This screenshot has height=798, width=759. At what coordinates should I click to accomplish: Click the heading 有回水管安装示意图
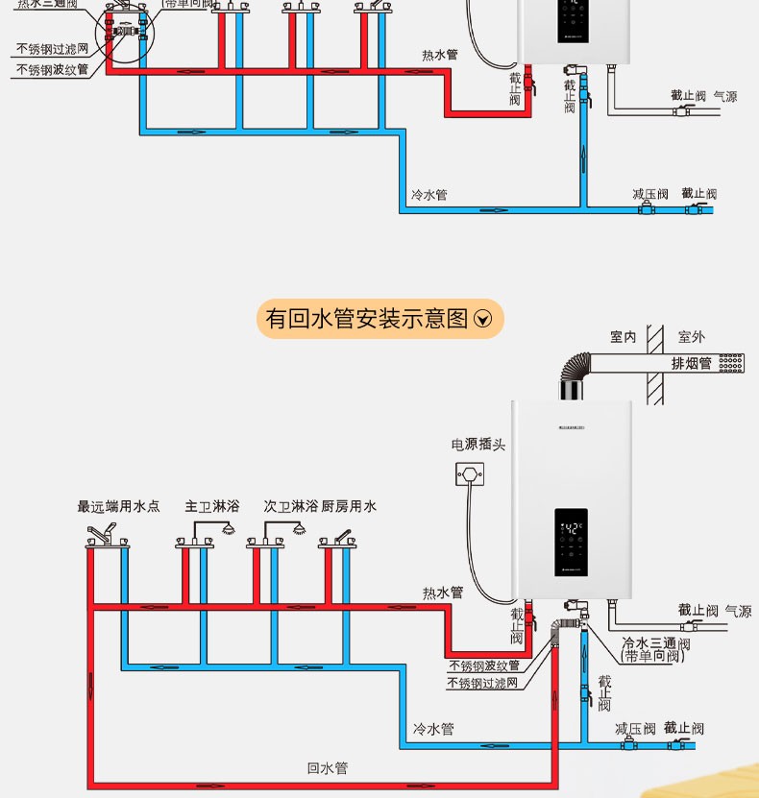pyautogui.click(x=366, y=318)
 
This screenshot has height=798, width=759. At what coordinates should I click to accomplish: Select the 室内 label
pyautogui.click(x=624, y=337)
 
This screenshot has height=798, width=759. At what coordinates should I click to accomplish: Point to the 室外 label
pyautogui.click(x=691, y=337)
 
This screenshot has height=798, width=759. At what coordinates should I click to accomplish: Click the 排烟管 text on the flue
pyautogui.click(x=692, y=364)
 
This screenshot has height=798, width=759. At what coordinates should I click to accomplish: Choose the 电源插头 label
pyautogui.click(x=478, y=445)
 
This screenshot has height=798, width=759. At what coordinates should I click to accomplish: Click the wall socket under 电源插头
pyautogui.click(x=470, y=472)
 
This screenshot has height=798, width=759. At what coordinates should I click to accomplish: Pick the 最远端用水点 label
pyautogui.click(x=119, y=506)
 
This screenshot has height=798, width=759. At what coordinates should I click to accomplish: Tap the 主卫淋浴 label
pyautogui.click(x=212, y=506)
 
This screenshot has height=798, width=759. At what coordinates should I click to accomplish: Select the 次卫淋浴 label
pyautogui.click(x=291, y=506)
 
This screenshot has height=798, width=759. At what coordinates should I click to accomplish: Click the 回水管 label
pyautogui.click(x=328, y=768)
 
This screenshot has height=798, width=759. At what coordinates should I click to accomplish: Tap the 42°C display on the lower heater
pyautogui.click(x=573, y=529)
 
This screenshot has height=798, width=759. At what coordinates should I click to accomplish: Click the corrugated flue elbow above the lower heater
pyautogui.click(x=576, y=370)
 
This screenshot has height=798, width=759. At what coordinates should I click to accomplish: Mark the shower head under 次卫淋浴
pyautogui.click(x=300, y=528)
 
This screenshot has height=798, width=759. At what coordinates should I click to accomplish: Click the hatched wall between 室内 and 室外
pyautogui.click(x=656, y=365)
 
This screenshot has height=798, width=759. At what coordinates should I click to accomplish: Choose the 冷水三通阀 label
pyautogui.click(x=656, y=643)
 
